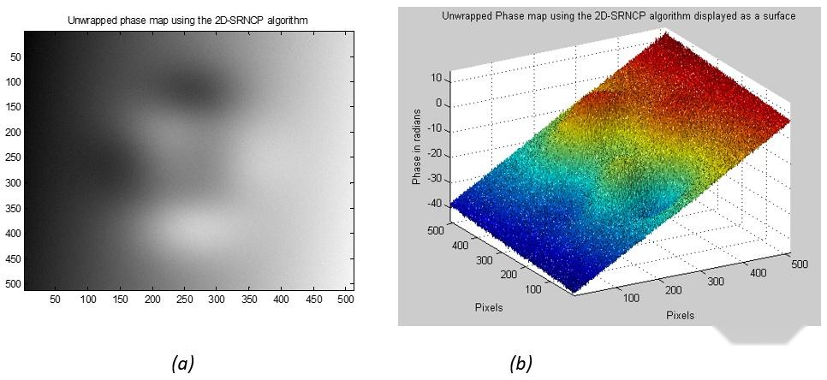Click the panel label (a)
click(x=182, y=364)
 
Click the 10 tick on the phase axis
click(x=435, y=78)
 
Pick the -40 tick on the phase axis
click(x=434, y=204)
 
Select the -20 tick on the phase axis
click(x=434, y=154)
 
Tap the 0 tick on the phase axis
click(x=437, y=104)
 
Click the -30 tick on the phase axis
click(x=434, y=179)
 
